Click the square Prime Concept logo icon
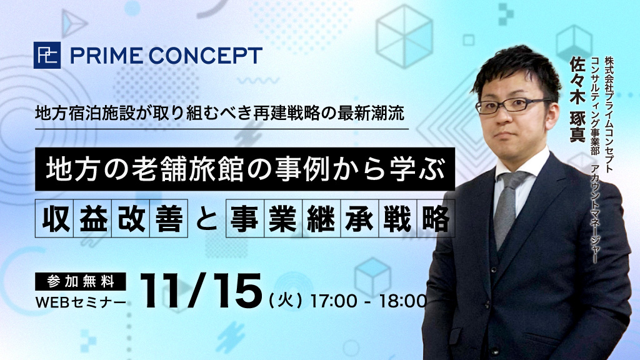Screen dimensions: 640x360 [x=47, y=55]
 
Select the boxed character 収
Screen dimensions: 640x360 [x=54, y=218]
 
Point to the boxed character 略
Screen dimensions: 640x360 [x=436, y=218]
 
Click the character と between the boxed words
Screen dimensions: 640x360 [x=206, y=219]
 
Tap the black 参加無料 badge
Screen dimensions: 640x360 [x=81, y=281]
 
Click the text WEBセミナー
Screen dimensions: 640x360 [x=81, y=302]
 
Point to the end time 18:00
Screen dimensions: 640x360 [x=403, y=301]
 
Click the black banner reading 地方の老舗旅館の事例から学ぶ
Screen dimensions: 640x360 [x=245, y=169]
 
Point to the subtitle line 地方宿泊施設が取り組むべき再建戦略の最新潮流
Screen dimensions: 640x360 [x=219, y=113]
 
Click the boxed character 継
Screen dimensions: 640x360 [x=321, y=218]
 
